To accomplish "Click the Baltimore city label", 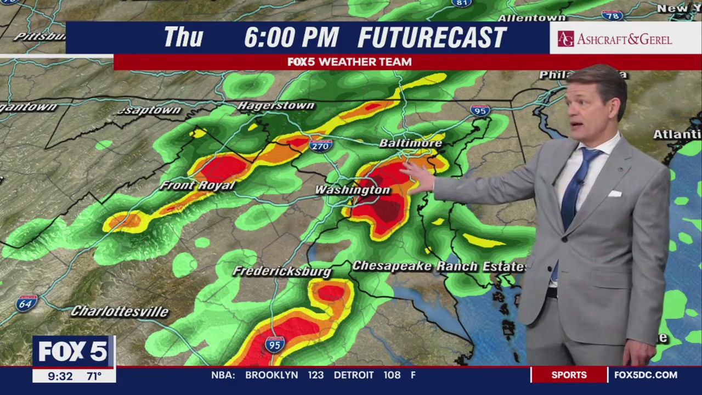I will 411,143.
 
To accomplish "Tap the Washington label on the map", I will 353,190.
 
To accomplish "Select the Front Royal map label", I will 197,185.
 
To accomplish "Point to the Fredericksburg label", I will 282,271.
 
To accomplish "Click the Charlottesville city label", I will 120,312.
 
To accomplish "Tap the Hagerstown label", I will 276,105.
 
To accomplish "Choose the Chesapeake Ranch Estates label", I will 439,267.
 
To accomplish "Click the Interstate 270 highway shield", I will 321,145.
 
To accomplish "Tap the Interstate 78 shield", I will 612,15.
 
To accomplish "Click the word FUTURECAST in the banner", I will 432,38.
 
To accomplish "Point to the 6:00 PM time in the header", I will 291,38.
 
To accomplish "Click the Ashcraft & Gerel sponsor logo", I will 615,39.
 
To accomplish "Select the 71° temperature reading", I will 94,376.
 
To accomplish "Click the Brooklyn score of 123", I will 315,375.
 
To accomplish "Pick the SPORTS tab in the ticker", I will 569,375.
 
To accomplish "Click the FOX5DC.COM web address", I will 646,375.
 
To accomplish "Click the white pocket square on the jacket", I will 614,194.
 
